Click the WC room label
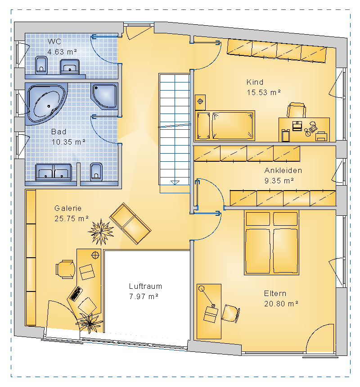coord(54,41)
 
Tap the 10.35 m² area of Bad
coord(68,142)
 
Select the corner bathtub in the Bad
coord(46,104)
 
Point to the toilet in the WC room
coord(41,65)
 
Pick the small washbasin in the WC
coord(70,66)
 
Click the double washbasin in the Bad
coord(54,172)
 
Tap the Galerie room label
coord(68,208)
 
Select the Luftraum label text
coord(145,286)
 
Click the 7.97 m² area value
coord(144,296)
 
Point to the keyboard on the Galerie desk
coord(76,293)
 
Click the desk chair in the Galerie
coord(65,269)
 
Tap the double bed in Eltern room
coord(271,242)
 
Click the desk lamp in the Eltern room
coord(207,297)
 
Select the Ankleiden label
coord(283,170)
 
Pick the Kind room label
coord(255,82)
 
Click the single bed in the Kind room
coord(225,126)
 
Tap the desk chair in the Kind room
coord(297,110)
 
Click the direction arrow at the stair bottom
coord(175,182)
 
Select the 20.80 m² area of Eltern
coord(281,304)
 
